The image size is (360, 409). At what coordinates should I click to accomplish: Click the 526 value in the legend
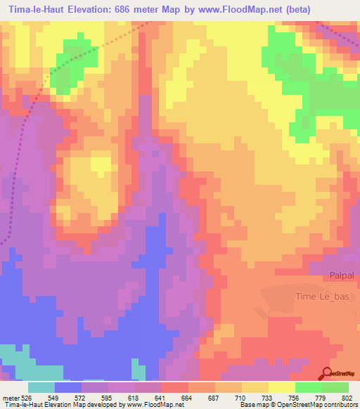coord(27,397)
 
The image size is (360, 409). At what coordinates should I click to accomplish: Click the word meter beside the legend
coord(10,397)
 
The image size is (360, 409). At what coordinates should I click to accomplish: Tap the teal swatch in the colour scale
coord(41,387)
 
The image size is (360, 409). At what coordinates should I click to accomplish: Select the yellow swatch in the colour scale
coord(282,387)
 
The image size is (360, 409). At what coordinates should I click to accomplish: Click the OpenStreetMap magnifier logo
coord(326,373)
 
